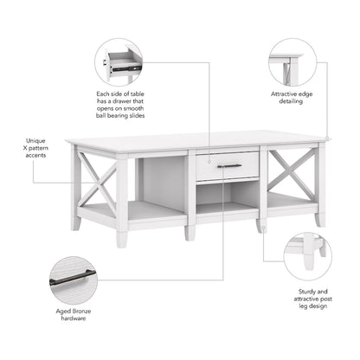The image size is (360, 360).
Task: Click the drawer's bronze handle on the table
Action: point(229,165)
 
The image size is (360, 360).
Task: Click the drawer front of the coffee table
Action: point(227,165)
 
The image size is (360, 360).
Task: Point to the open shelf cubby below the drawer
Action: point(227,196)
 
